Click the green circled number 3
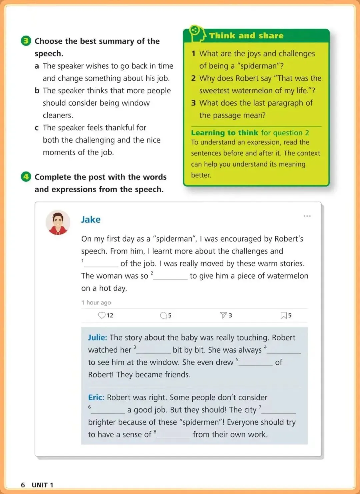[x=26, y=41]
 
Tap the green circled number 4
[x=26, y=177]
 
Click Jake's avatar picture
[x=58, y=222]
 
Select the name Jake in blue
[x=91, y=220]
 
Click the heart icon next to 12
[x=102, y=315]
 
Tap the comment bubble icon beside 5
[x=163, y=315]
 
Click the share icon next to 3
[x=223, y=315]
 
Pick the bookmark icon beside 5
[x=284, y=315]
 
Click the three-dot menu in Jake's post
[x=307, y=216]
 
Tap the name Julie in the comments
[x=97, y=338]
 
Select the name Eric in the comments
[x=96, y=397]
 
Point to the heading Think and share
[x=246, y=36]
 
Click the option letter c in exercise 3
[x=37, y=128]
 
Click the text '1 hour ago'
[x=96, y=302]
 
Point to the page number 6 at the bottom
[x=23, y=485]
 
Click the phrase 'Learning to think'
[x=224, y=133]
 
